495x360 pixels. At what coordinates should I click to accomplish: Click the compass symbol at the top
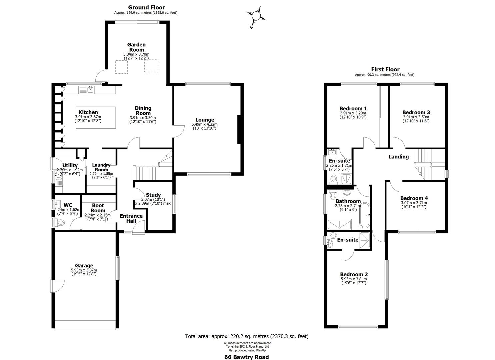pyautogui.click(x=256, y=16)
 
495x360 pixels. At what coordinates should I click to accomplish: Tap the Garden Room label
pyautogui.click(x=136, y=47)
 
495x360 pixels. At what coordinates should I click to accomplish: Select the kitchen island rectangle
pyautogui.click(x=96, y=118)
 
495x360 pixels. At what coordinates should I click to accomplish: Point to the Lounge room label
pyautogui.click(x=205, y=120)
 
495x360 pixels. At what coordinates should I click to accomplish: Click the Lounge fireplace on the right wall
pyautogui.click(x=239, y=129)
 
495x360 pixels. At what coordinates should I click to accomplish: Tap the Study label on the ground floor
pyautogui.click(x=153, y=195)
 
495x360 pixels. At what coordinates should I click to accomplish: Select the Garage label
pyautogui.click(x=84, y=266)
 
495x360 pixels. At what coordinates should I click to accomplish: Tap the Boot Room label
pyautogui.click(x=98, y=208)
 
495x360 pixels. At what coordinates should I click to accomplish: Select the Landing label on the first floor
pyautogui.click(x=398, y=157)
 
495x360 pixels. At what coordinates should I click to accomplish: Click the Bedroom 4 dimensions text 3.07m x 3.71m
pyautogui.click(x=414, y=203)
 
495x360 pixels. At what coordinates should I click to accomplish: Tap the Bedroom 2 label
pyautogui.click(x=354, y=274)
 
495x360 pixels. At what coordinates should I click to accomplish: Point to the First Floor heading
pyautogui.click(x=385, y=69)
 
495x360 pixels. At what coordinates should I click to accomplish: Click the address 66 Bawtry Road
pyautogui.click(x=246, y=357)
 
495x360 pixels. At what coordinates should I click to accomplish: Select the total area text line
pyautogui.click(x=247, y=336)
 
